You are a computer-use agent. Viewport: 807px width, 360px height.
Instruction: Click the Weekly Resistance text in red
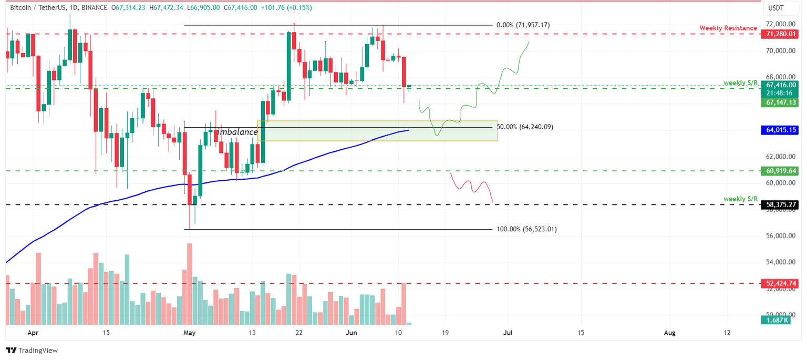point(728,28)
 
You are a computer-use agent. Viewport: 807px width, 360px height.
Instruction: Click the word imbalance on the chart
point(237,132)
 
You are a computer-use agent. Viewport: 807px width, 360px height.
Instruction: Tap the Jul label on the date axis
point(508,333)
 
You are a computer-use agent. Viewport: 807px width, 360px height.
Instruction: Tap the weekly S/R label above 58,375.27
point(740,199)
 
